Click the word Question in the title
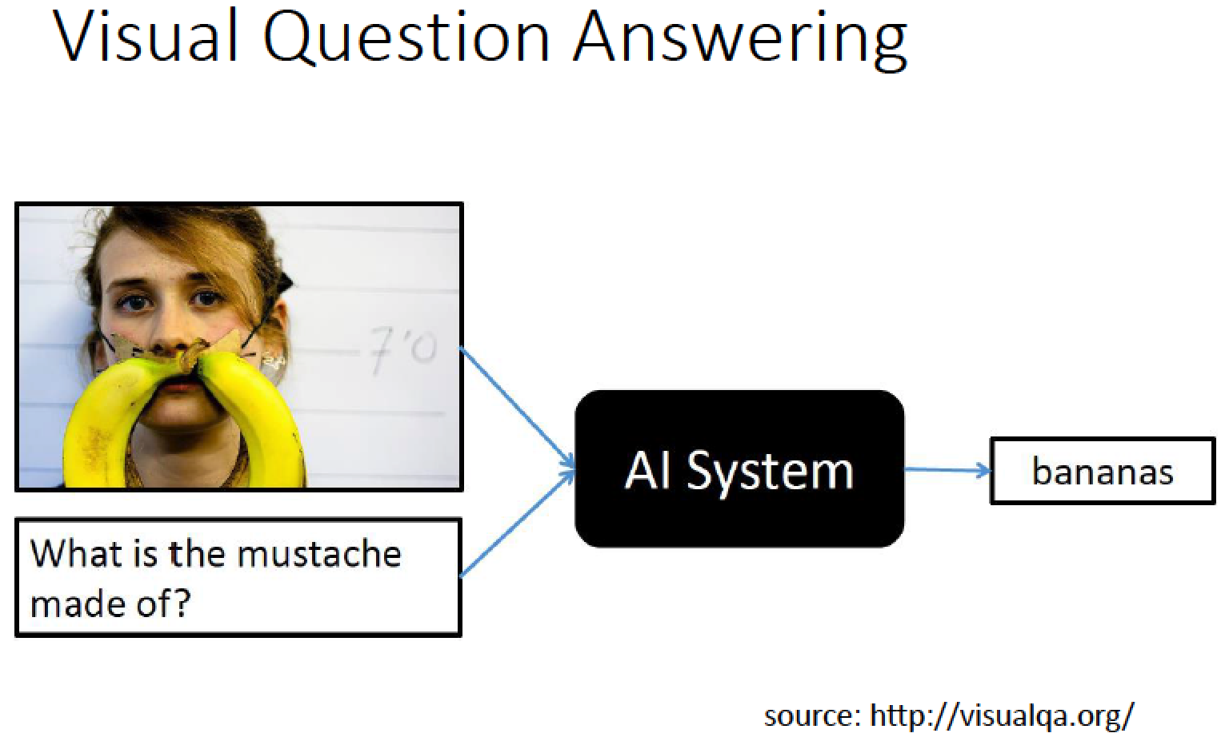[406, 38]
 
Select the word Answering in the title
[740, 39]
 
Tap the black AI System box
[739, 469]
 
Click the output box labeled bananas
[1103, 471]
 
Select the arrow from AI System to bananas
[947, 470]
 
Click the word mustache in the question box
[319, 553]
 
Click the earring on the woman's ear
[273, 361]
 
